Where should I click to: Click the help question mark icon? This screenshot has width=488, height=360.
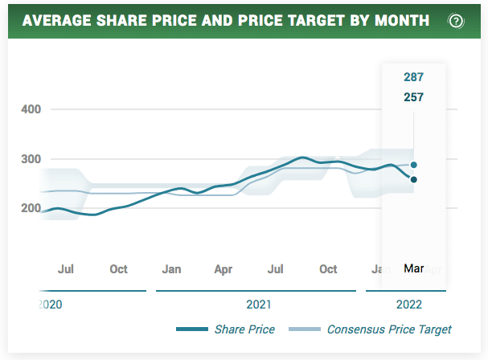click(x=456, y=21)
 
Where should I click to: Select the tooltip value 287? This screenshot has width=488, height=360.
click(x=413, y=77)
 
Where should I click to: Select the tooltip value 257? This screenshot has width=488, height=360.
click(x=413, y=97)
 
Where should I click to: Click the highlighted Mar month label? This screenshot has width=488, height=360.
click(x=413, y=269)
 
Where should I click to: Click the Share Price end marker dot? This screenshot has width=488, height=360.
click(x=413, y=179)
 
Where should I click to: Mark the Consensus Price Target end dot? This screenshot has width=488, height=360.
click(x=413, y=165)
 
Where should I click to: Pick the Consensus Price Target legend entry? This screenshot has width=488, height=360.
click(x=389, y=329)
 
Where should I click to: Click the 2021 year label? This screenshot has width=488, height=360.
click(x=258, y=305)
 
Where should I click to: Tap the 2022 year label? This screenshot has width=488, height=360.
click(x=408, y=305)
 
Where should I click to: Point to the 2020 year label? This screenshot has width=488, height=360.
click(x=50, y=305)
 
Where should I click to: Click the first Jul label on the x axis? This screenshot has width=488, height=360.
click(x=66, y=269)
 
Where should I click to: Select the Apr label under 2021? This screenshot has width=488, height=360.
click(x=223, y=269)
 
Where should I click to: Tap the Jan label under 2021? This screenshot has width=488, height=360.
click(x=171, y=269)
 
